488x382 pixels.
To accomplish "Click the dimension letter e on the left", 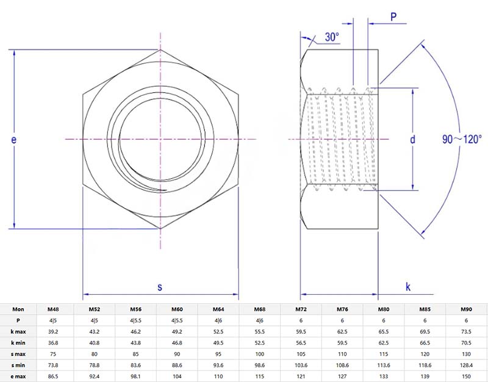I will click(x=13, y=140).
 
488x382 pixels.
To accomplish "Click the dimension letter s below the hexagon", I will click(x=160, y=286).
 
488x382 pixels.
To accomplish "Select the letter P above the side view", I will click(x=394, y=17).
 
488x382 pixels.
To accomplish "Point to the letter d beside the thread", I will click(x=412, y=140).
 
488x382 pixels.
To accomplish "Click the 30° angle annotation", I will click(x=331, y=37).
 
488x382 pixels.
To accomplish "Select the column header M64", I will click(x=218, y=309).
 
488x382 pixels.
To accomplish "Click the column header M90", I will click(x=467, y=309).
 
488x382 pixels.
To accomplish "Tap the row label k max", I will click(x=17, y=331).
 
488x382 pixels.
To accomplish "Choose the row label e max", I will click(x=17, y=376).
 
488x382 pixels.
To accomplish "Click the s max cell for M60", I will click(x=177, y=354).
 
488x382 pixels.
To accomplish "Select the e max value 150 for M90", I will click(x=467, y=376).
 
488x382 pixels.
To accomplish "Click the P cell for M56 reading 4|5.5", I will click(x=135, y=320).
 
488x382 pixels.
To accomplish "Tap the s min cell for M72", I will click(x=301, y=365).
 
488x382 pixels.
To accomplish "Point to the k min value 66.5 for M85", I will click(x=425, y=342).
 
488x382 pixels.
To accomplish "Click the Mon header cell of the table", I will click(x=17, y=309).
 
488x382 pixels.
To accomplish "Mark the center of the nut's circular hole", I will click(x=160, y=140).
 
